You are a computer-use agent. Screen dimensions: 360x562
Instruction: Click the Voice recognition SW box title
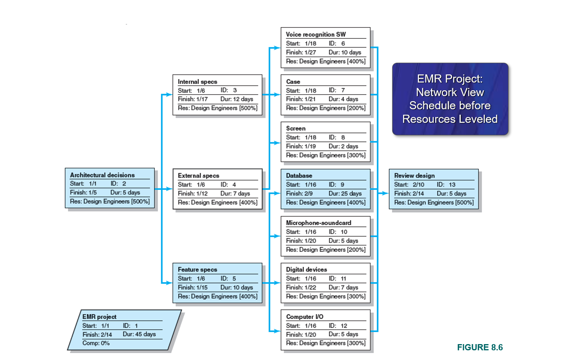pyautogui.click(x=315, y=34)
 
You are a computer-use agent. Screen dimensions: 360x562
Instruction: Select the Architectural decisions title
pyautogui.click(x=102, y=175)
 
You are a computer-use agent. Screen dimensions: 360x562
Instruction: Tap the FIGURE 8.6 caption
pyautogui.click(x=479, y=347)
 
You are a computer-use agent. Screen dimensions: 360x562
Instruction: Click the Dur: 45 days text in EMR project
pyautogui.click(x=139, y=334)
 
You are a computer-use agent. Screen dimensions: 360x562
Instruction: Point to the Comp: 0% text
pyautogui.click(x=96, y=343)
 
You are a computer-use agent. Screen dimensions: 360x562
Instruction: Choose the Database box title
pyautogui.click(x=299, y=176)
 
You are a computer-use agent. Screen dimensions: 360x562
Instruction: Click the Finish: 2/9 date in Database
pyautogui.click(x=299, y=193)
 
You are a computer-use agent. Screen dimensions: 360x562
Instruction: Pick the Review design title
pyautogui.click(x=414, y=176)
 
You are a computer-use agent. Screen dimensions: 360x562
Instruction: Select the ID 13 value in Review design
pyautogui.click(x=452, y=184)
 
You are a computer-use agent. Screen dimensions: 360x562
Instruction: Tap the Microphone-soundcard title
pyautogui.click(x=318, y=223)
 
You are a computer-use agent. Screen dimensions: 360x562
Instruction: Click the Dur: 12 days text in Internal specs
pyautogui.click(x=236, y=99)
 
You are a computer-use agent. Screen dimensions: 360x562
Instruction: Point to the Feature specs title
pyautogui.click(x=197, y=269)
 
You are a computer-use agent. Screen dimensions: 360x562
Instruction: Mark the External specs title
pyautogui.click(x=198, y=176)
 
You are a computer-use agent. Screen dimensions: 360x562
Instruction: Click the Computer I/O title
pyautogui.click(x=304, y=317)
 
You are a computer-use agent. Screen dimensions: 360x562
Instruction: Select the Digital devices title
pyautogui.click(x=306, y=269)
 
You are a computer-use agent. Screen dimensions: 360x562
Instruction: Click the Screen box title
pyautogui.click(x=295, y=128)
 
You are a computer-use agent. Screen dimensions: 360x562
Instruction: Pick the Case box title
pyautogui.click(x=293, y=82)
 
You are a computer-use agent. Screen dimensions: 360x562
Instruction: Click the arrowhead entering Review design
pyautogui.click(x=386, y=193)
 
